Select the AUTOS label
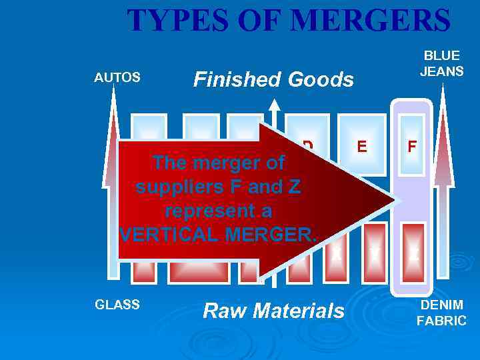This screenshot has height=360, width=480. [x=117, y=77]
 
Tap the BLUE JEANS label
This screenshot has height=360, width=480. [x=441, y=63]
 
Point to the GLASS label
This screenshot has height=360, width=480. [x=117, y=305]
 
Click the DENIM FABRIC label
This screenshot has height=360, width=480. [x=441, y=313]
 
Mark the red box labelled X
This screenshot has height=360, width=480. [x=337, y=253]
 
